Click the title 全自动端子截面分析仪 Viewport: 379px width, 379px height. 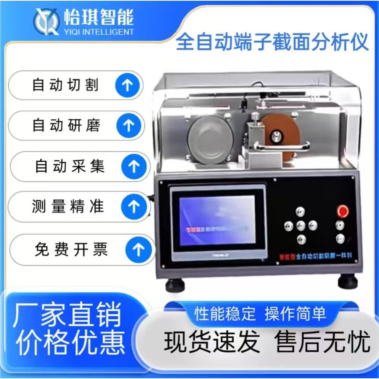click(x=272, y=43)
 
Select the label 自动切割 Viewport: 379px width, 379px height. click(x=65, y=85)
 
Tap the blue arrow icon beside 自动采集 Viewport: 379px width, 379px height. click(x=133, y=167)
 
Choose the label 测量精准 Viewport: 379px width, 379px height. click(x=68, y=207)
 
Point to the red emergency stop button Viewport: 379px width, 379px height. click(x=343, y=210)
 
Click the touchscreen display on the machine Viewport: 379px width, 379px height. click(x=217, y=220)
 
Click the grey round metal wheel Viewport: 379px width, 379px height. click(x=210, y=139)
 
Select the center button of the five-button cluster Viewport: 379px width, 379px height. click(x=301, y=225)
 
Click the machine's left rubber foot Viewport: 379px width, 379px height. click(x=175, y=284)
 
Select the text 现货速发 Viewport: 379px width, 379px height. click(x=212, y=342)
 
